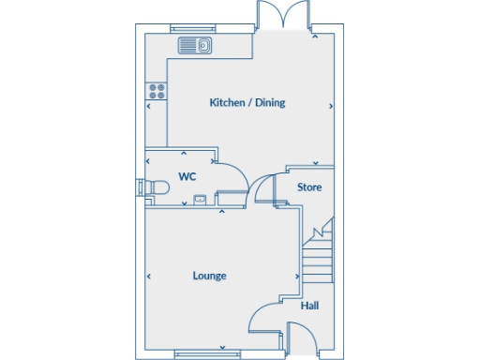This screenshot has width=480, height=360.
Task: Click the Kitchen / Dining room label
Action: click(247, 103)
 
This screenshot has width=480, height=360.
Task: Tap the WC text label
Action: click(187, 176)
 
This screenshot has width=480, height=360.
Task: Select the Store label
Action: click(309, 187)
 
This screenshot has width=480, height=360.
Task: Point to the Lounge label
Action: click(209, 276)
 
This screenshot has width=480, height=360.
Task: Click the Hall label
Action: click(308, 306)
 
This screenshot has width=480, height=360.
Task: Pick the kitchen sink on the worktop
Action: click(195, 45)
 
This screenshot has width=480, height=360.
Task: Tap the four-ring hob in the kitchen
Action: click(157, 92)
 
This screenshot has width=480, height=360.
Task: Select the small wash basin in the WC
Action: click(200, 200)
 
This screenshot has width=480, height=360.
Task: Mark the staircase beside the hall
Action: click(318, 248)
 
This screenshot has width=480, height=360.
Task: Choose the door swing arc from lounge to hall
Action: click(263, 319)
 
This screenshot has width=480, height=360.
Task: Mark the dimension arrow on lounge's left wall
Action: click(149, 277)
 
